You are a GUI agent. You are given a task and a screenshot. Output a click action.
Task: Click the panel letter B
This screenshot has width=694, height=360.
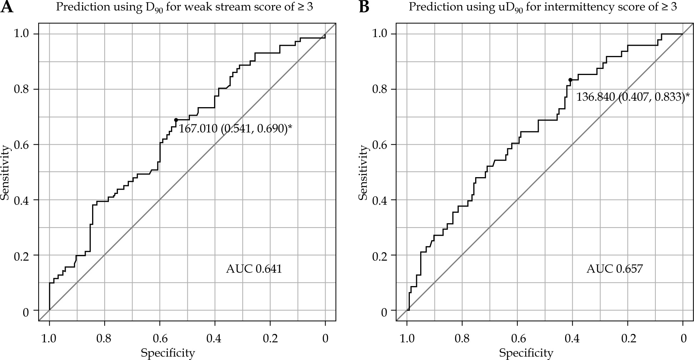(x=364, y=7)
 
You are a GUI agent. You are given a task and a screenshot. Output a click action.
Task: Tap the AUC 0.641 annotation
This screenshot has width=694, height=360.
(x=254, y=269)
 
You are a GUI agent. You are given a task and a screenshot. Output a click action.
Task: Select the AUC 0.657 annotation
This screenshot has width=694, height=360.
(x=614, y=269)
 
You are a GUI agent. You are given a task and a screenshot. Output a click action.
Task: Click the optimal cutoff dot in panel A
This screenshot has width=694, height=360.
(x=176, y=120)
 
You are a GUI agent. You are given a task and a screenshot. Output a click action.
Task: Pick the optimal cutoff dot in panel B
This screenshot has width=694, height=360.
(x=570, y=80)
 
